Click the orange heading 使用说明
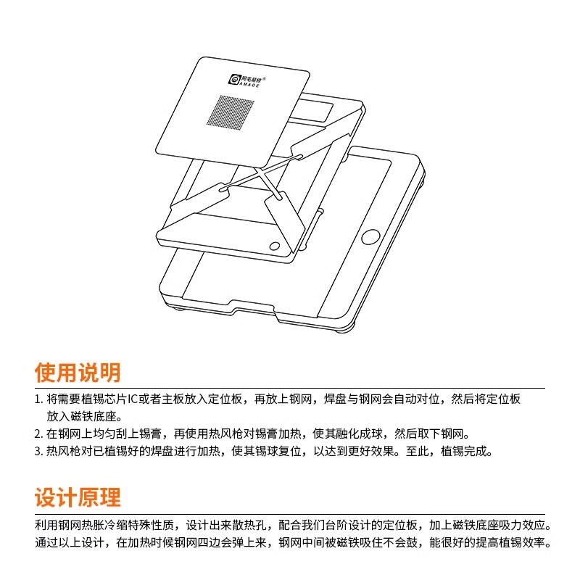coord(78,372)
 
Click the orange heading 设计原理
coord(78,497)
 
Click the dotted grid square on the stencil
coord(231,111)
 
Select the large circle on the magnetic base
coord(370,237)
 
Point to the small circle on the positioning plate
coord(275,246)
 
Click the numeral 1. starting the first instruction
coord(39,399)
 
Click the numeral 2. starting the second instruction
coord(39,434)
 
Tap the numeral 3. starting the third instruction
coord(39,451)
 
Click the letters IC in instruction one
coord(133,399)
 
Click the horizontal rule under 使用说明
coord(290,388)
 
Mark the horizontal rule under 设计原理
coord(290,514)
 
